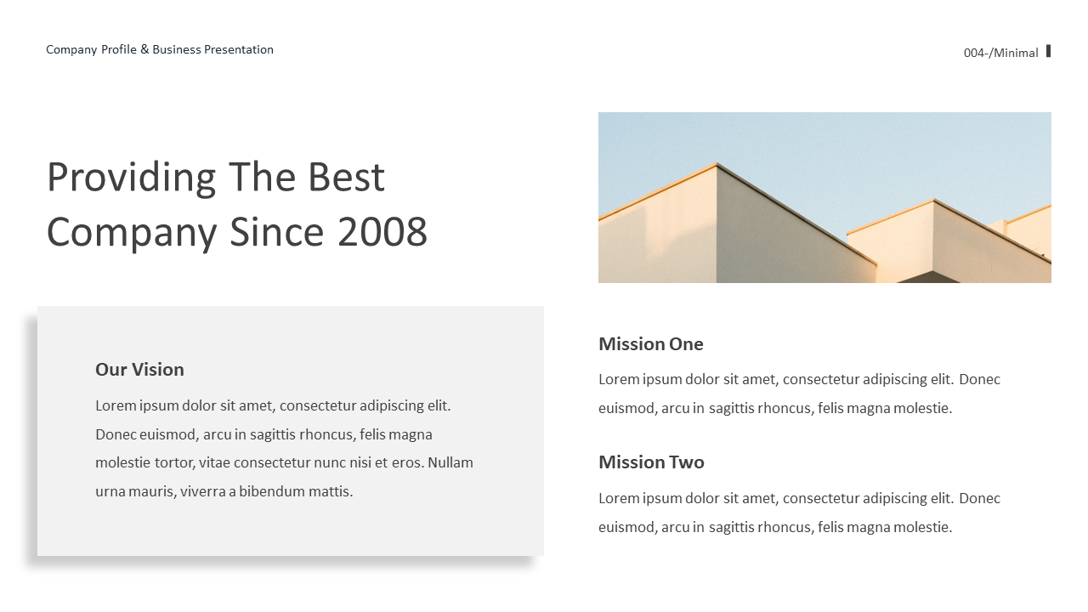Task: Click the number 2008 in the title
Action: (382, 232)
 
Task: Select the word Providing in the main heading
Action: (132, 178)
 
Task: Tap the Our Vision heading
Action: (139, 370)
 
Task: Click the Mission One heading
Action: (651, 344)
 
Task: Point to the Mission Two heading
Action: (651, 462)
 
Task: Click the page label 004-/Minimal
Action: (1000, 53)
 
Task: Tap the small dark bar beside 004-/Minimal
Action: (1048, 51)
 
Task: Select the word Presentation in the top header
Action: (239, 49)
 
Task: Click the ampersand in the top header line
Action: (144, 49)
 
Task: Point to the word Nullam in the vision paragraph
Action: (450, 462)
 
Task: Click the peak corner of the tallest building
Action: (717, 164)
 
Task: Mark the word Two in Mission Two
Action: (686, 462)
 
